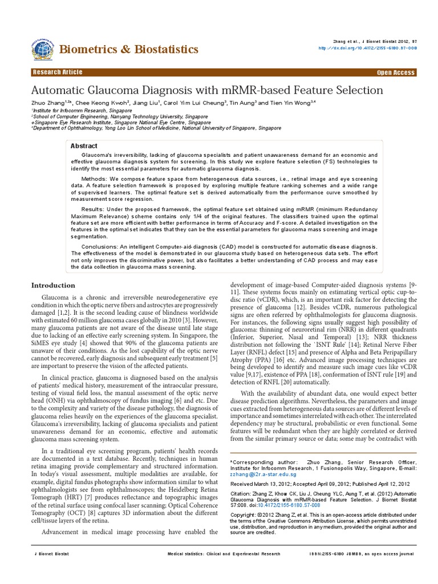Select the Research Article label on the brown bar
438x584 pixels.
(58, 72)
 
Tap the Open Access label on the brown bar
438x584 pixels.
(396, 73)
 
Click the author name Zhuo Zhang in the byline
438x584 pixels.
(49, 103)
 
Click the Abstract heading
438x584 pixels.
(84, 146)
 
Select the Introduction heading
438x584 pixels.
(53, 285)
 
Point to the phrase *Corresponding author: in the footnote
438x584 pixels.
(259, 460)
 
